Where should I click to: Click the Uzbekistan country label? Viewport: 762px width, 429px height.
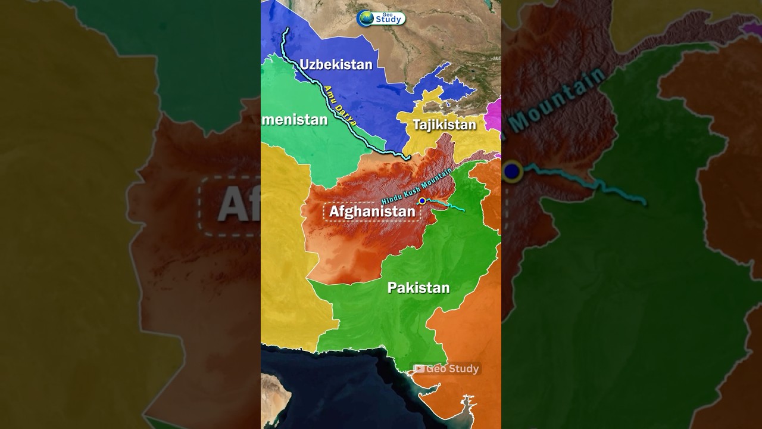(x=336, y=64)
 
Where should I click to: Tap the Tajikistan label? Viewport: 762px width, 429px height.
(x=444, y=125)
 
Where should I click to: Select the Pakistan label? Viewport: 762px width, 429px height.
(x=419, y=288)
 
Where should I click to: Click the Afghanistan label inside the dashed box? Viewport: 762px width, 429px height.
(x=372, y=212)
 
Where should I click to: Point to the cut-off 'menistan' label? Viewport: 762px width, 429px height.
(x=295, y=120)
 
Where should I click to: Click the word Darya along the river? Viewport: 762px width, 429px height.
(x=347, y=114)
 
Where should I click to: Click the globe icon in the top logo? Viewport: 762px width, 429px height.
(x=366, y=18)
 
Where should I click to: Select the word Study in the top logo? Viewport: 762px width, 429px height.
(x=388, y=20)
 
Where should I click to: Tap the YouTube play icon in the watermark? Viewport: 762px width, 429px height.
(x=419, y=369)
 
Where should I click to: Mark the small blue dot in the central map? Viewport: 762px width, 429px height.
(x=422, y=201)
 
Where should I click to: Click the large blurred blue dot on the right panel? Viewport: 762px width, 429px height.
(x=512, y=172)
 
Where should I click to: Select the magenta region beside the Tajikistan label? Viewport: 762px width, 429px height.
(x=493, y=115)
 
